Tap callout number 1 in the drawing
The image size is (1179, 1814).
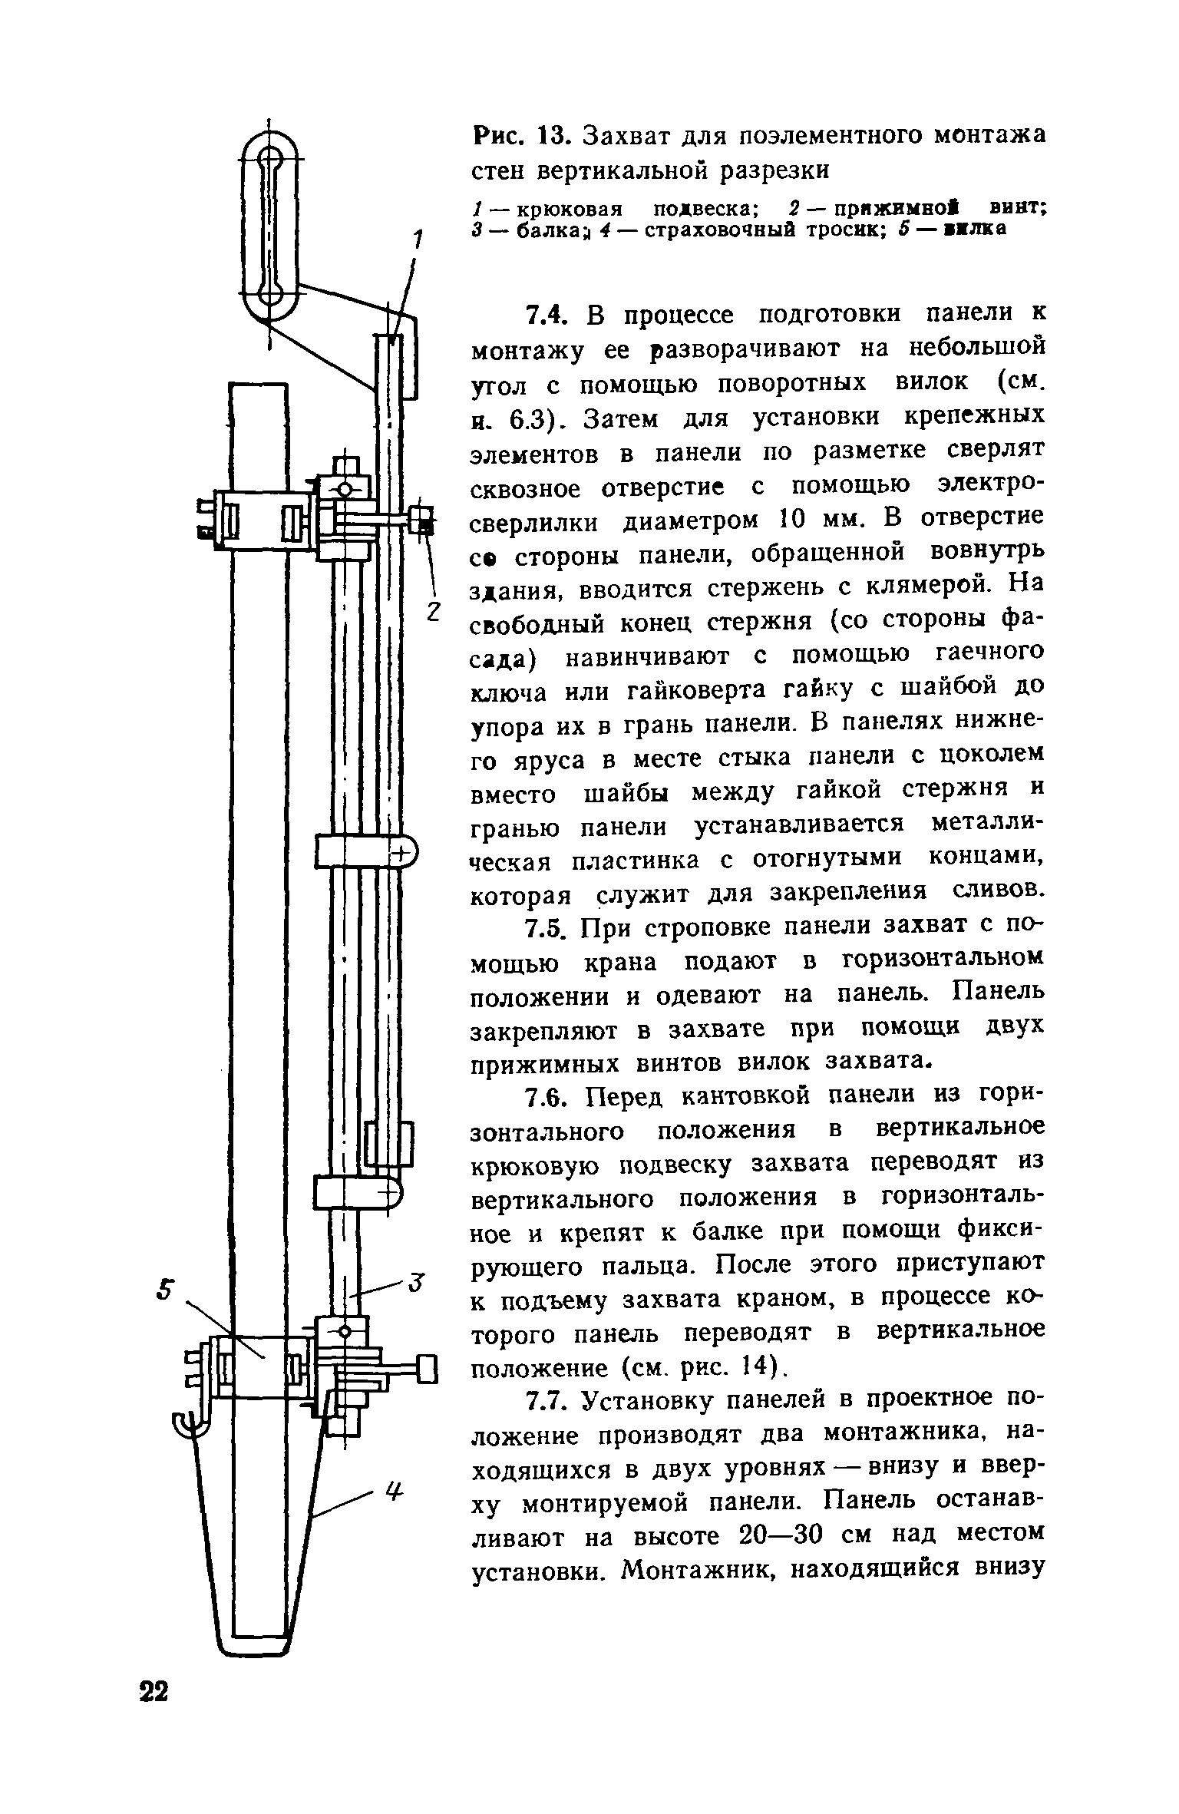(x=418, y=240)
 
